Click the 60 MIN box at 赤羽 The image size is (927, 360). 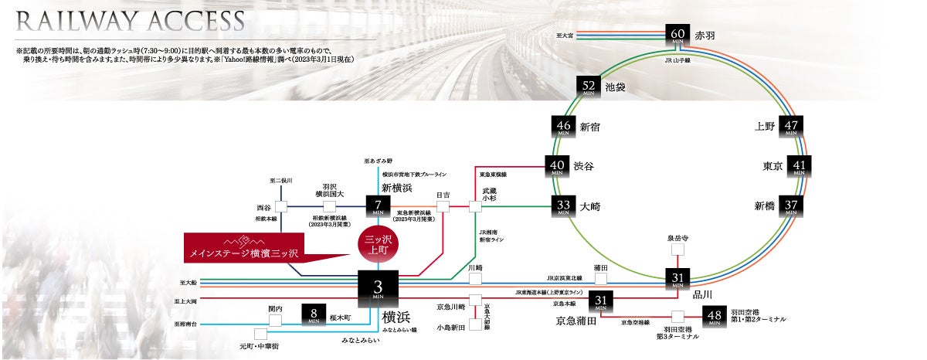[677, 35]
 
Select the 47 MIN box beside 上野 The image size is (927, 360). [790, 127]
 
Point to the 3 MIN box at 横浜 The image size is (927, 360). [378, 288]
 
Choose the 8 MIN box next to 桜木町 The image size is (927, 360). [314, 314]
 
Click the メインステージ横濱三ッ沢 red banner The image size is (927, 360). [243, 253]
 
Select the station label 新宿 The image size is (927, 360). [589, 127]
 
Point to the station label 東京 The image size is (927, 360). [772, 166]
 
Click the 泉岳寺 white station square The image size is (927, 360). [677, 250]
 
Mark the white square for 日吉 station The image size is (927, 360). [443, 206]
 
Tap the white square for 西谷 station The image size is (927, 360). [281, 206]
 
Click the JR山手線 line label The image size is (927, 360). [677, 59]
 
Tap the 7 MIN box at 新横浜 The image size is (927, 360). [378, 206]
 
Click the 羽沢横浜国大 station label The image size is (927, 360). [329, 190]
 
